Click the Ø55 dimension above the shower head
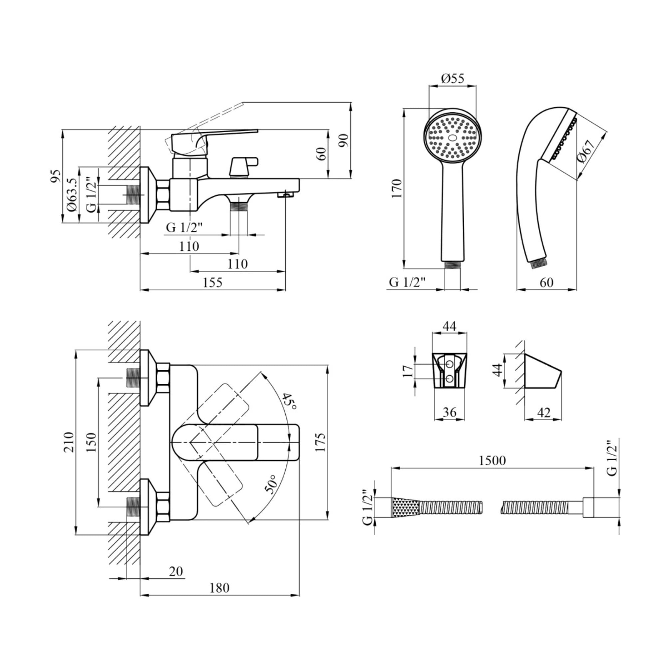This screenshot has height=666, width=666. [453, 79]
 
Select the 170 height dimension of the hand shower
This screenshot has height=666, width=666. [398, 188]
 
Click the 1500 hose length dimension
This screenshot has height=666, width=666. [492, 460]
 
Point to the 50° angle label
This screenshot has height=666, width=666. [271, 484]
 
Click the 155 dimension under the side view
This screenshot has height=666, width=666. [212, 283]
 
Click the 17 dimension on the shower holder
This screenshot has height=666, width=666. [408, 372]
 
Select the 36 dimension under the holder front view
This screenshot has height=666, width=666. [449, 412]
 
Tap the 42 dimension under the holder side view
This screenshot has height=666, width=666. [544, 412]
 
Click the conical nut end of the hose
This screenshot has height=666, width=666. [405, 507]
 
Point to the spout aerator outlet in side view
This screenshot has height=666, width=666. [286, 195]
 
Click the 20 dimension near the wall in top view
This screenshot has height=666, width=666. [176, 571]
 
